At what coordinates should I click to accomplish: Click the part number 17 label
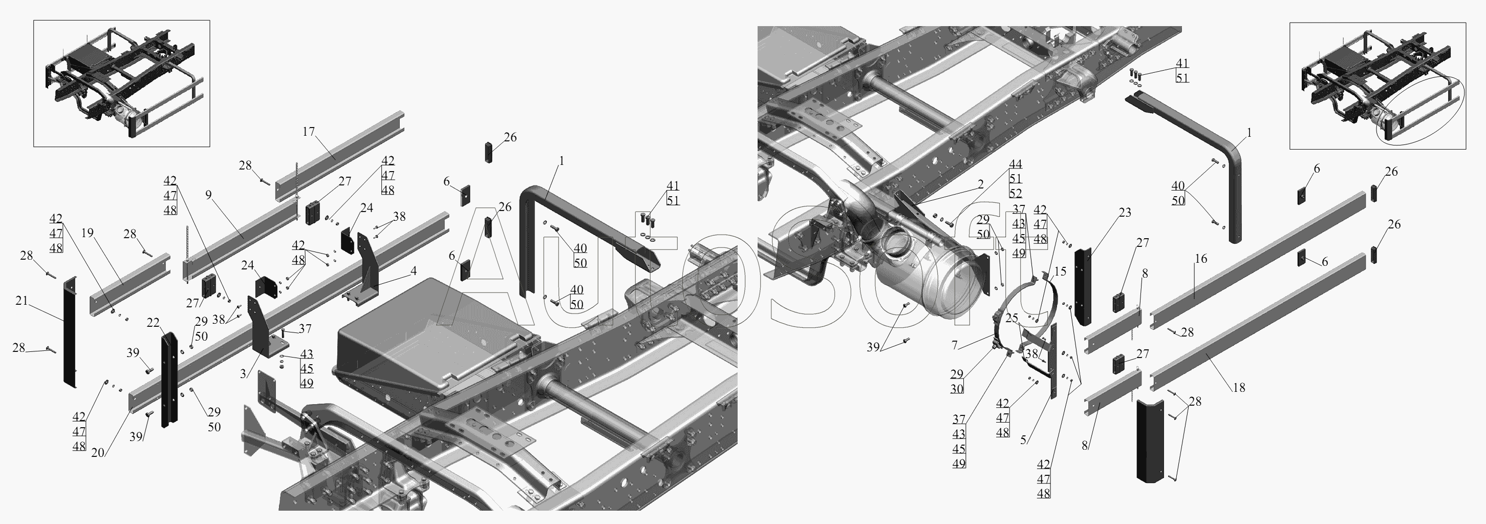click(309, 132)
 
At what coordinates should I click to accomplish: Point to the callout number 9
click(209, 195)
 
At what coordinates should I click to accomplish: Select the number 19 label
click(87, 233)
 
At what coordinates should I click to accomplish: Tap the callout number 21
click(21, 301)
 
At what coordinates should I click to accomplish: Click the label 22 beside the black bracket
click(153, 323)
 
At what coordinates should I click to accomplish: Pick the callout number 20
click(97, 452)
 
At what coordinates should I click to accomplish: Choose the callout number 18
click(1239, 388)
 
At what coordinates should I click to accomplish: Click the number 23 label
click(1125, 213)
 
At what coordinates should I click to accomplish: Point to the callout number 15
click(1060, 271)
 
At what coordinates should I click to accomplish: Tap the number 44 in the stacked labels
click(1015, 164)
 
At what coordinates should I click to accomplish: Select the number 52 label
click(1015, 193)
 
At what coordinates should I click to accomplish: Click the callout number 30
click(957, 389)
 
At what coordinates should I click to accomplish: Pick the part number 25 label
click(1012, 318)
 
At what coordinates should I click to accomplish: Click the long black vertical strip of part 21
click(70, 332)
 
